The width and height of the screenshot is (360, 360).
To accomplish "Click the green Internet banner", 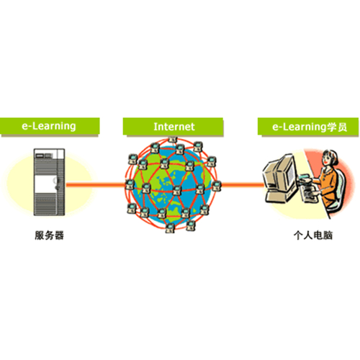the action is [173, 126].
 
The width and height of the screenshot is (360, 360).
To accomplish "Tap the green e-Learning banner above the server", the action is [50, 126].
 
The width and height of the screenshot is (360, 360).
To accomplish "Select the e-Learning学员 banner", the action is [308, 126].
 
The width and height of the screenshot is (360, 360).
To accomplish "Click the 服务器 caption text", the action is [49, 235].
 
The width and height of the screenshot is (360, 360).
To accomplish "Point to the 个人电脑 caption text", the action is [313, 235].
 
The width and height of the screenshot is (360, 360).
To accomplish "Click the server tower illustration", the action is [49, 182].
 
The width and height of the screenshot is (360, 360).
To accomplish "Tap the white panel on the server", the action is [45, 184].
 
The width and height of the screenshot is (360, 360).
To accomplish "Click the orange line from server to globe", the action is [96, 184].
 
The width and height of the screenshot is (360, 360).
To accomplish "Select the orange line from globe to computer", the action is [243, 184].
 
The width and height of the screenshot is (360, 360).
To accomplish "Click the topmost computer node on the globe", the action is [173, 139].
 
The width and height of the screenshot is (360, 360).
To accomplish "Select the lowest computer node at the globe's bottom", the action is [170, 228].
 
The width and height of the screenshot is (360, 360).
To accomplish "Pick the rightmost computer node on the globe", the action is [217, 186].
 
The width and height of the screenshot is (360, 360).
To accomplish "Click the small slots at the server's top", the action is [44, 156].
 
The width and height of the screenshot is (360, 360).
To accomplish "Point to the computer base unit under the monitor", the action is [279, 196].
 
